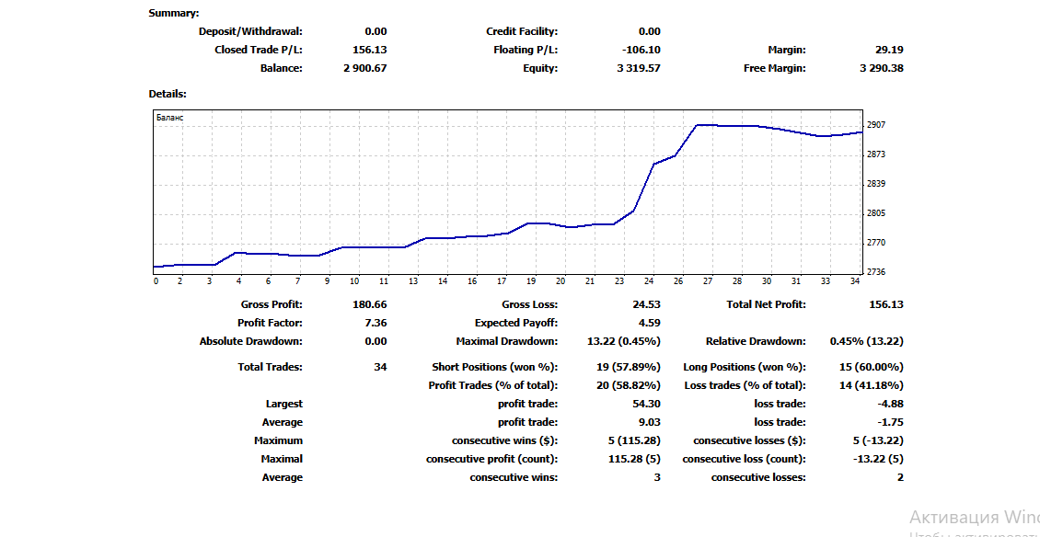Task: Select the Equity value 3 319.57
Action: pos(639,68)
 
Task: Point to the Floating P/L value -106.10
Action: pos(641,50)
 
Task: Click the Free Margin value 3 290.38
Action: pos(881,68)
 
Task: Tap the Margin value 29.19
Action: pos(889,50)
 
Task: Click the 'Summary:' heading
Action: pos(174,13)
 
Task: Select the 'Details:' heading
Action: pos(168,94)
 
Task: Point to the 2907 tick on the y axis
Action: pos(875,125)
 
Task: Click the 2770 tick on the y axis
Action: pos(875,243)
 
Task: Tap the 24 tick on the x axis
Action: pos(650,281)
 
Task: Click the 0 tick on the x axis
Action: pos(156,281)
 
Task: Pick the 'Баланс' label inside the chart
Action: pos(169,118)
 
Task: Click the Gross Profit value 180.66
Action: pos(370,304)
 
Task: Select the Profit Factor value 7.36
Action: pos(376,323)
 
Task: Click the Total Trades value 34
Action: pos(380,367)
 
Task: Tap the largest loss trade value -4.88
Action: pos(890,404)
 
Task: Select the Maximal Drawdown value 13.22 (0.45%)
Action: pos(623,341)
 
